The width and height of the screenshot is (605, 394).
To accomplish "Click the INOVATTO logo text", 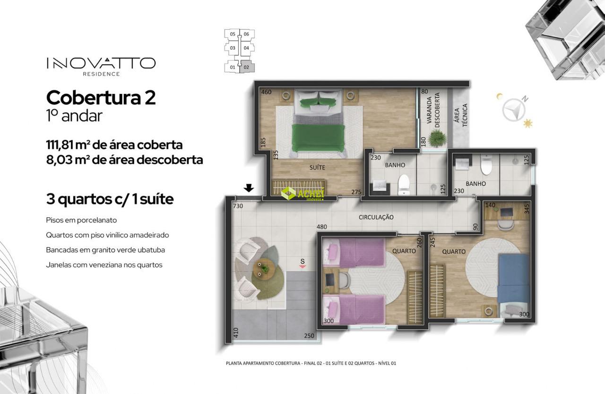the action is (101, 63).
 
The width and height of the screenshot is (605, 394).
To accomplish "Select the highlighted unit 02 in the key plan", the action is (247, 67).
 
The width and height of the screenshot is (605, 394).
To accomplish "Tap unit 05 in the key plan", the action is (233, 34).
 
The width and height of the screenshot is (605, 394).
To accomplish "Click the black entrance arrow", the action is (249, 188).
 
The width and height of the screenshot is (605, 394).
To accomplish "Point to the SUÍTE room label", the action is (317, 168).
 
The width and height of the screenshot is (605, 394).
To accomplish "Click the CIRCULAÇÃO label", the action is (376, 217).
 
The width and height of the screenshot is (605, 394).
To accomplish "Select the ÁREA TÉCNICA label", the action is (461, 115).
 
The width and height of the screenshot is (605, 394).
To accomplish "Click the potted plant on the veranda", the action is (436, 137).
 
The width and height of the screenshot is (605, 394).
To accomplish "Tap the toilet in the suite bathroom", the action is (404, 184).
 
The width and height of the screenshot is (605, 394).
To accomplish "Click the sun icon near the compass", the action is (527, 124).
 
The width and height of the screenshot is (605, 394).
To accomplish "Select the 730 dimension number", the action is (238, 206).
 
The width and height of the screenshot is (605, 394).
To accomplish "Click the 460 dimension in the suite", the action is (266, 92).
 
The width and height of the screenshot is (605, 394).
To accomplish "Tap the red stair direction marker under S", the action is (302, 266).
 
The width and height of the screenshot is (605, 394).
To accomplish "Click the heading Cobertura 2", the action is (101, 97).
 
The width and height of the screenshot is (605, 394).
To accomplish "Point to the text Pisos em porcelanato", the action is (81, 220).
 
